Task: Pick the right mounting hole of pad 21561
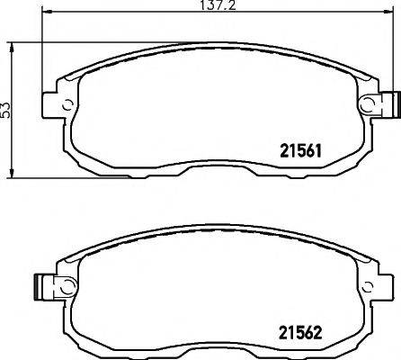pyautogui.click(x=366, y=105)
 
